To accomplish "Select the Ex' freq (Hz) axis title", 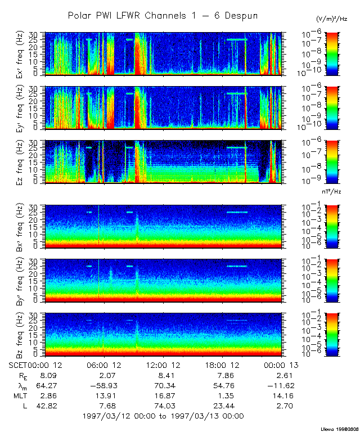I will pyautogui.click(x=19, y=54).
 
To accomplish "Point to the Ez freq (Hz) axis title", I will pyautogui.click(x=19, y=162).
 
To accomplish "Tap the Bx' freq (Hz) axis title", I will pyautogui.click(x=19, y=227).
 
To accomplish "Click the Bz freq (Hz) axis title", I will pyautogui.click(x=19, y=335).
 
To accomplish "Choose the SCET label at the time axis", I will pyautogui.click(x=18, y=365).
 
